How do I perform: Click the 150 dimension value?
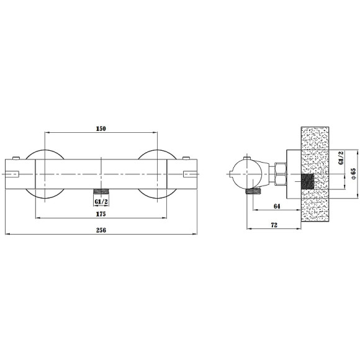(101, 129)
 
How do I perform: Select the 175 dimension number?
(101, 214)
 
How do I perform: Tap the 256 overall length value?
(101, 230)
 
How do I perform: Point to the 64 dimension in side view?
(277, 206)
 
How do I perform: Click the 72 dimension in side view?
(274, 225)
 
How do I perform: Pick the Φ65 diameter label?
(353, 174)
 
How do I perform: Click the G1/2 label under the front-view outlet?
(101, 202)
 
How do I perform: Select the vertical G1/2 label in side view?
(341, 158)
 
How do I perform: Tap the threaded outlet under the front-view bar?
(101, 191)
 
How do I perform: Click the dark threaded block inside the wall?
(307, 181)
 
